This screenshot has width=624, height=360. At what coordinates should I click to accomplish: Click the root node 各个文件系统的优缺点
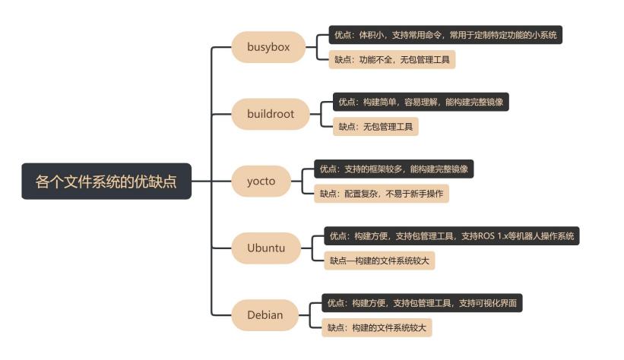(106, 182)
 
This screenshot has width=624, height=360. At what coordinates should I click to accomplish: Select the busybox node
(268, 47)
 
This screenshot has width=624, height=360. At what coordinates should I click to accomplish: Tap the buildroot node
(270, 114)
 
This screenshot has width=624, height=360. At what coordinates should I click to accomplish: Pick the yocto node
(261, 181)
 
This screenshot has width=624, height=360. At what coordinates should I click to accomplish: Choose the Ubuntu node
(266, 248)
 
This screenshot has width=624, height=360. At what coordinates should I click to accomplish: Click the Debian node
(264, 314)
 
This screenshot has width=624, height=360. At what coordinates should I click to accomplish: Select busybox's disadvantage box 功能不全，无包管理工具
(391, 60)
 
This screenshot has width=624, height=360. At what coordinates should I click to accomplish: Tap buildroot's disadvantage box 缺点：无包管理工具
(375, 127)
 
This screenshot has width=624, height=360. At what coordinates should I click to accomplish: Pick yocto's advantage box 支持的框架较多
(394, 169)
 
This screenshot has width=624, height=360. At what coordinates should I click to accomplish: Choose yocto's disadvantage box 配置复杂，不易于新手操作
(382, 194)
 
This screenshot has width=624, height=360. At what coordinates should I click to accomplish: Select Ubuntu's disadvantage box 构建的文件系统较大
(380, 261)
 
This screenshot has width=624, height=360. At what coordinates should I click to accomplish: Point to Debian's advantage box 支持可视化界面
(423, 303)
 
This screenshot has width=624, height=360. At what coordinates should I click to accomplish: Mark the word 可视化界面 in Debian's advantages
(495, 303)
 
